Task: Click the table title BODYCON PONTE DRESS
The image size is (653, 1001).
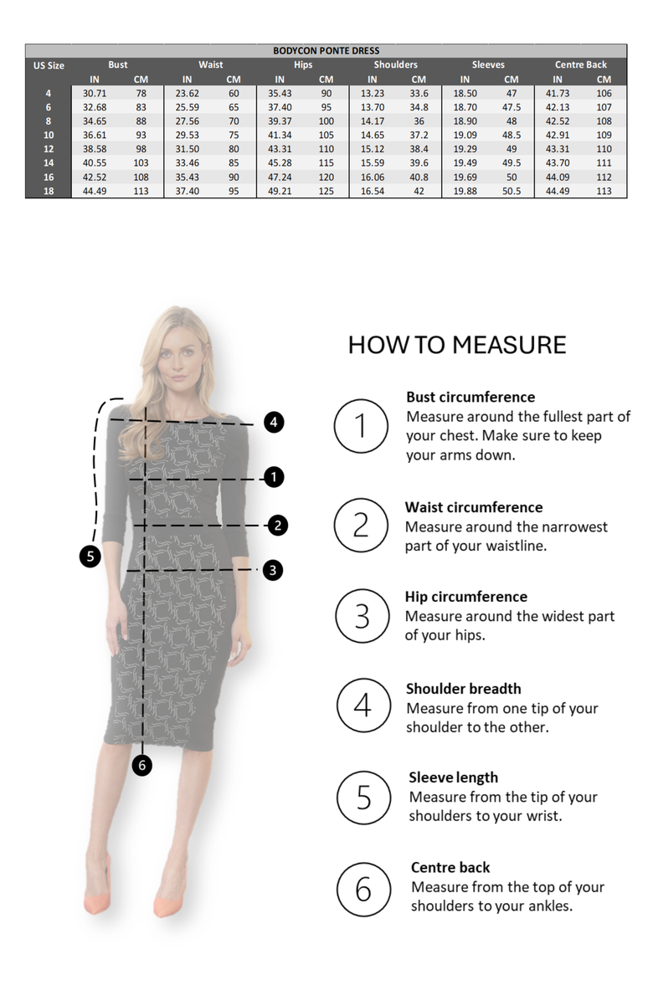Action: coord(326,51)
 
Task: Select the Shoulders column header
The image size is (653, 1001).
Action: coord(395,64)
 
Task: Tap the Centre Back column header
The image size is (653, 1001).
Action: coord(580,64)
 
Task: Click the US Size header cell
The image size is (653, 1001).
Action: coord(49,65)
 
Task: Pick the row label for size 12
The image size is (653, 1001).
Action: coord(49,149)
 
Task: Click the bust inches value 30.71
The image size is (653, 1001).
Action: coord(95,94)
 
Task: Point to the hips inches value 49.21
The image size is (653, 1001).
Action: coord(280,191)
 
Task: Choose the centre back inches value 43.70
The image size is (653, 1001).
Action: coord(558,163)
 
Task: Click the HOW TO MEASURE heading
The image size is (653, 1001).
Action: coord(456,345)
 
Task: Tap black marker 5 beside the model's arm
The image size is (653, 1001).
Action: coord(90,555)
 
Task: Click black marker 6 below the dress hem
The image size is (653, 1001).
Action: coord(143,765)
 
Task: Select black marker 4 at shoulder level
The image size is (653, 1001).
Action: coord(274,423)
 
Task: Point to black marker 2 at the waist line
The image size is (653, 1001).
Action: coord(278,526)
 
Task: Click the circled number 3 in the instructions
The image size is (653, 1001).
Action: coord(362,616)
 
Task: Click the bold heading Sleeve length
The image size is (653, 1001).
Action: coord(453,778)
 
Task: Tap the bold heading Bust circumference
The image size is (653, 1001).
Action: coord(470,397)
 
